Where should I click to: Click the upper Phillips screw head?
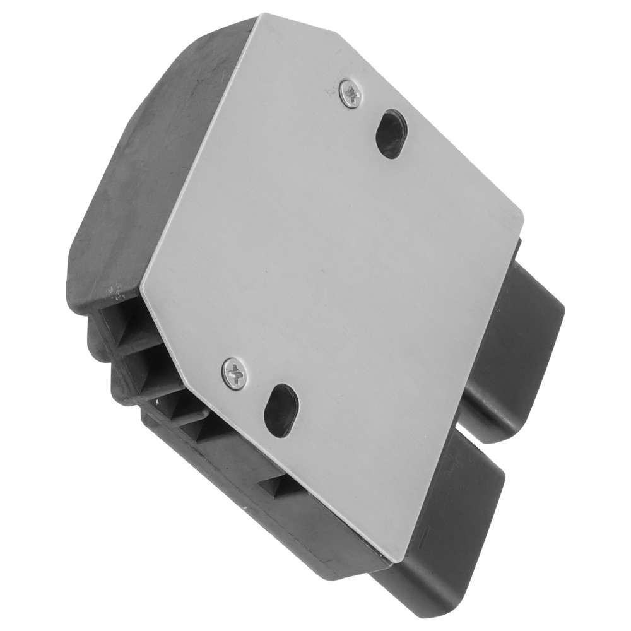[x=350, y=93]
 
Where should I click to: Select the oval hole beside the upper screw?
[x=392, y=133]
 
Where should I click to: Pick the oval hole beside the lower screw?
[x=280, y=410]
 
